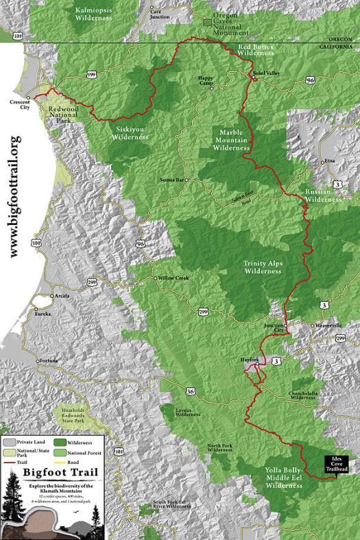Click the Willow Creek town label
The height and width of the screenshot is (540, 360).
174,279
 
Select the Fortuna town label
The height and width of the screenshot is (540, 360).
48,361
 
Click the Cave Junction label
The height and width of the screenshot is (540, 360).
159,14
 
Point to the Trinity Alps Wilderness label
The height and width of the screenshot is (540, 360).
263,266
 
